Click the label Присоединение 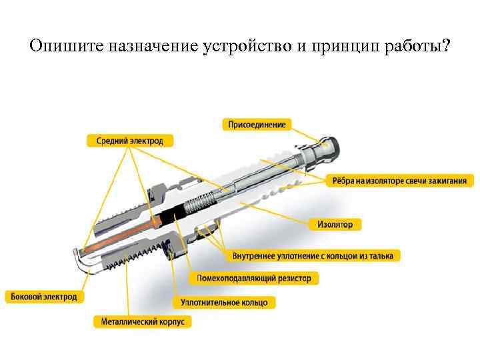[x=257, y=125]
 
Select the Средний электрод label [x=129, y=141]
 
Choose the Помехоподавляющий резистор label [x=254, y=277]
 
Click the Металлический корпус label [x=143, y=321]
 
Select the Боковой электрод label [x=45, y=296]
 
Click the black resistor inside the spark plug [x=177, y=213]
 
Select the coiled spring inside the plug [x=203, y=200]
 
